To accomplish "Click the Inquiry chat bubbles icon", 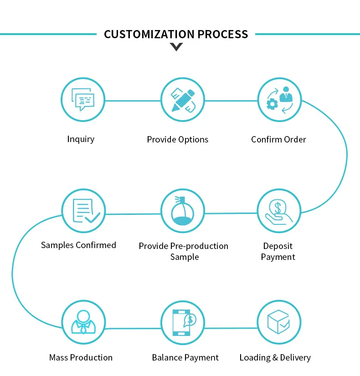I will click(83, 100).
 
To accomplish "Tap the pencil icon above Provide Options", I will click(183, 100).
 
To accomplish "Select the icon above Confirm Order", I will click(279, 100).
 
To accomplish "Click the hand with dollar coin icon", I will click(279, 211).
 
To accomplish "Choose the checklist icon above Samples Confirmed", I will click(84, 211).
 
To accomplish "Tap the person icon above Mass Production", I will click(83, 322).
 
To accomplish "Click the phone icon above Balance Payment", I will click(183, 322).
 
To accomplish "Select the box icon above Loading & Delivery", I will click(279, 321).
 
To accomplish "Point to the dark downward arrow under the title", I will click(176, 46).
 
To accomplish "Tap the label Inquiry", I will click(81, 139).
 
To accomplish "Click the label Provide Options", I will click(177, 140).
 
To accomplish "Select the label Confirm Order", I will click(278, 139).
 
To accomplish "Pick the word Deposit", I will click(278, 246).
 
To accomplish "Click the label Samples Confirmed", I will click(78, 245).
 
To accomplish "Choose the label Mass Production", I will click(81, 358).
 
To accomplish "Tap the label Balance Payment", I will click(185, 358).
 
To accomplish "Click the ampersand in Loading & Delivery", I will click(274, 358).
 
